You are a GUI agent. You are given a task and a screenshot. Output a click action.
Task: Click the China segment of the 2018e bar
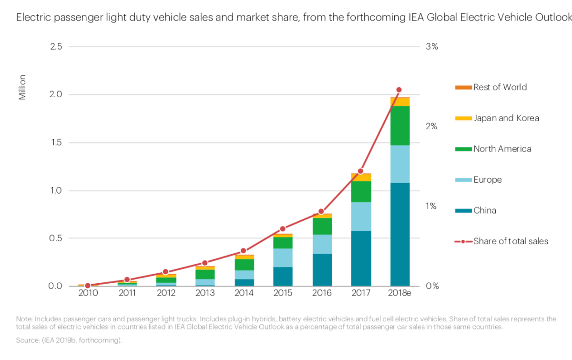400,234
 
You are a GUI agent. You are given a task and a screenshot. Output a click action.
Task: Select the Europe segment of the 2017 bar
361,216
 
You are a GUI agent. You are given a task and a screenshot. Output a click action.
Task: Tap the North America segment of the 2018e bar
400,125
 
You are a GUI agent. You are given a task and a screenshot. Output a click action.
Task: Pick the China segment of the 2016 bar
322,270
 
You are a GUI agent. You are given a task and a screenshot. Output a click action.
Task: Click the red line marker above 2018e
399,90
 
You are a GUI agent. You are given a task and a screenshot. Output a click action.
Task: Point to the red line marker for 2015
283,229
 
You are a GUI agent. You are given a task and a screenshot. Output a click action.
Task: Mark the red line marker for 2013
204,263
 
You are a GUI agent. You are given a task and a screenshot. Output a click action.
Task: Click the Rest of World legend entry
500,87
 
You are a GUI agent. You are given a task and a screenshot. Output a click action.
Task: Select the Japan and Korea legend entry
506,118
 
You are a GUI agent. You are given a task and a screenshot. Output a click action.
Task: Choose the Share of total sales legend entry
511,241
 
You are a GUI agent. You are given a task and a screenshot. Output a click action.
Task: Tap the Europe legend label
487,180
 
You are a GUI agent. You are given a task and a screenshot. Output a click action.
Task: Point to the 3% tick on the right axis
431,47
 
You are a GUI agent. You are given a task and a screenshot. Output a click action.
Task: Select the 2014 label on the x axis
244,293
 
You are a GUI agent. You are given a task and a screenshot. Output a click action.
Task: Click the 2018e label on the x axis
400,293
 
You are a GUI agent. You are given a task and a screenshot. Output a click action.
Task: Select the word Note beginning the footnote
23,319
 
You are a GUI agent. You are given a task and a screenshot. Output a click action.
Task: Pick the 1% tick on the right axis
431,206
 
